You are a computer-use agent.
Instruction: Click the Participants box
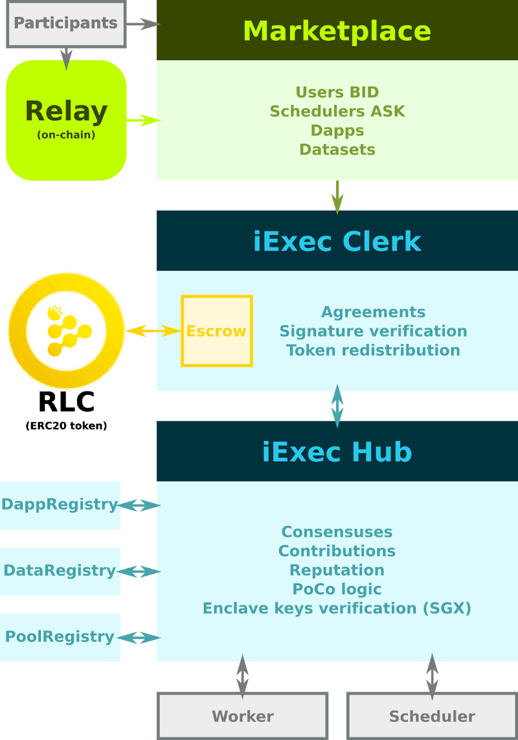[65, 24]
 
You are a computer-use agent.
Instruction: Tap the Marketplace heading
[337, 30]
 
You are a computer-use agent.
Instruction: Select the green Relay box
[66, 120]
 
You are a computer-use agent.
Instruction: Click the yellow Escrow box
[216, 331]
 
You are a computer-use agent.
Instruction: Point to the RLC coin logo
[66, 331]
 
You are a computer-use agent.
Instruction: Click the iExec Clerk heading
[337, 241]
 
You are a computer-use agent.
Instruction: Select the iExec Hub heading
[337, 451]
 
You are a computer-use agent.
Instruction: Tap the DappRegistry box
[60, 505]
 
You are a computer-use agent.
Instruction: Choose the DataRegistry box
[60, 571]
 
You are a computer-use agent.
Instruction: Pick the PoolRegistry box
[60, 637]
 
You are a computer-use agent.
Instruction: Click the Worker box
[242, 716]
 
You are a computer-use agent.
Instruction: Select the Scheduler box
[432, 716]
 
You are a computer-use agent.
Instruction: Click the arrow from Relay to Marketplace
[143, 120]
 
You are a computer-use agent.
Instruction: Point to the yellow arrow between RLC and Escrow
[153, 331]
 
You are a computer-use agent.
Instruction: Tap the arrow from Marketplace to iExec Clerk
[337, 196]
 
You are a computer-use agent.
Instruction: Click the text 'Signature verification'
[373, 331]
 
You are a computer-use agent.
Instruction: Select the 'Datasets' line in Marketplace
[337, 150]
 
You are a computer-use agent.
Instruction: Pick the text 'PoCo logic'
[337, 589]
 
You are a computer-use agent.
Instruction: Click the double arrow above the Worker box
[242, 676]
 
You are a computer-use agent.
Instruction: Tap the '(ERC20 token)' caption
[66, 426]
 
